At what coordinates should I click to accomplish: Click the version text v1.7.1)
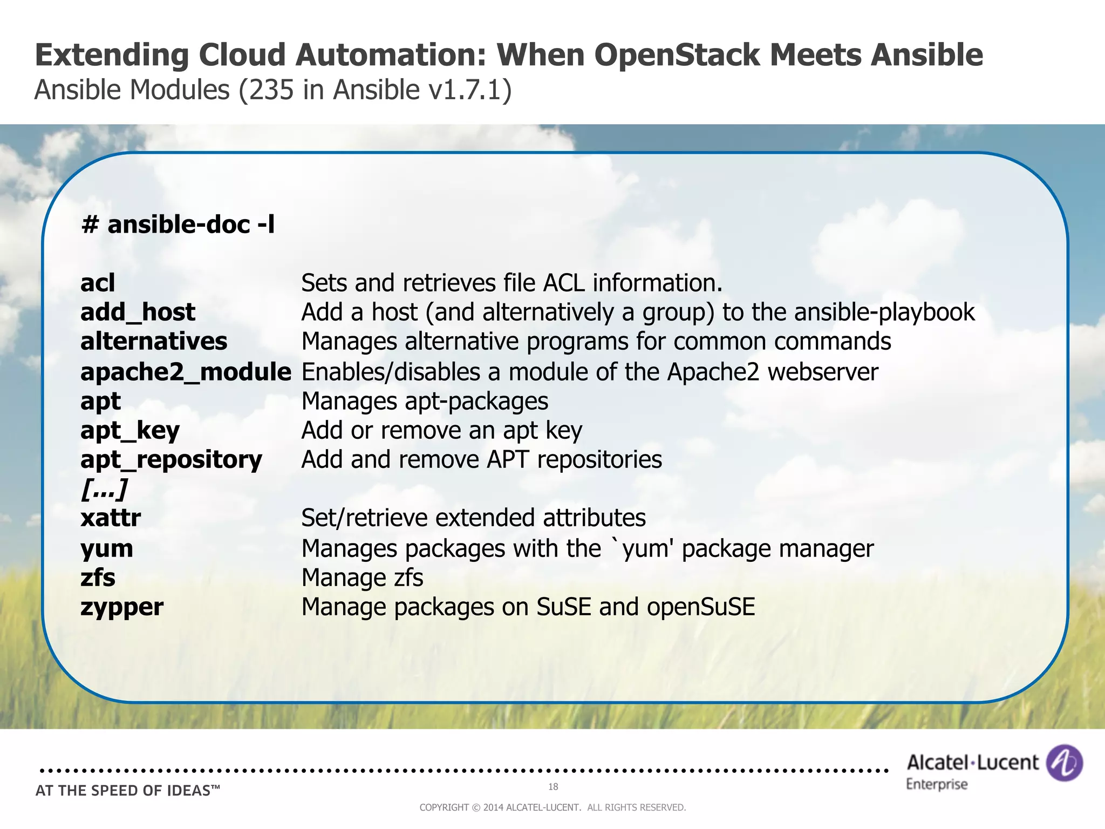point(469,90)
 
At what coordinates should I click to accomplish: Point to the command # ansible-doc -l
point(178,225)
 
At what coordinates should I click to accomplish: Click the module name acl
point(98,283)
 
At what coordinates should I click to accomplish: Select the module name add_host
point(138,312)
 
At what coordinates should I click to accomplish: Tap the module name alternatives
point(154,342)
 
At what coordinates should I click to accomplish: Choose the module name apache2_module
point(186,372)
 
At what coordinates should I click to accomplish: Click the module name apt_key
point(129,431)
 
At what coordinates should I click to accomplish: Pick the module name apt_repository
point(171,460)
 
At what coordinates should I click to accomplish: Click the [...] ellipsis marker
point(104,489)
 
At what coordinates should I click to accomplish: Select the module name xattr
point(111,518)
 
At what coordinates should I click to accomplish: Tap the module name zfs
point(98,577)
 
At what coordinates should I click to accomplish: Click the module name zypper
point(122,607)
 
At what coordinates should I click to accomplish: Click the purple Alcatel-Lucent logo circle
point(1064,763)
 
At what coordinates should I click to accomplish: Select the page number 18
point(553,787)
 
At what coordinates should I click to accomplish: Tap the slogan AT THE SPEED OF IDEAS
point(127,791)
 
